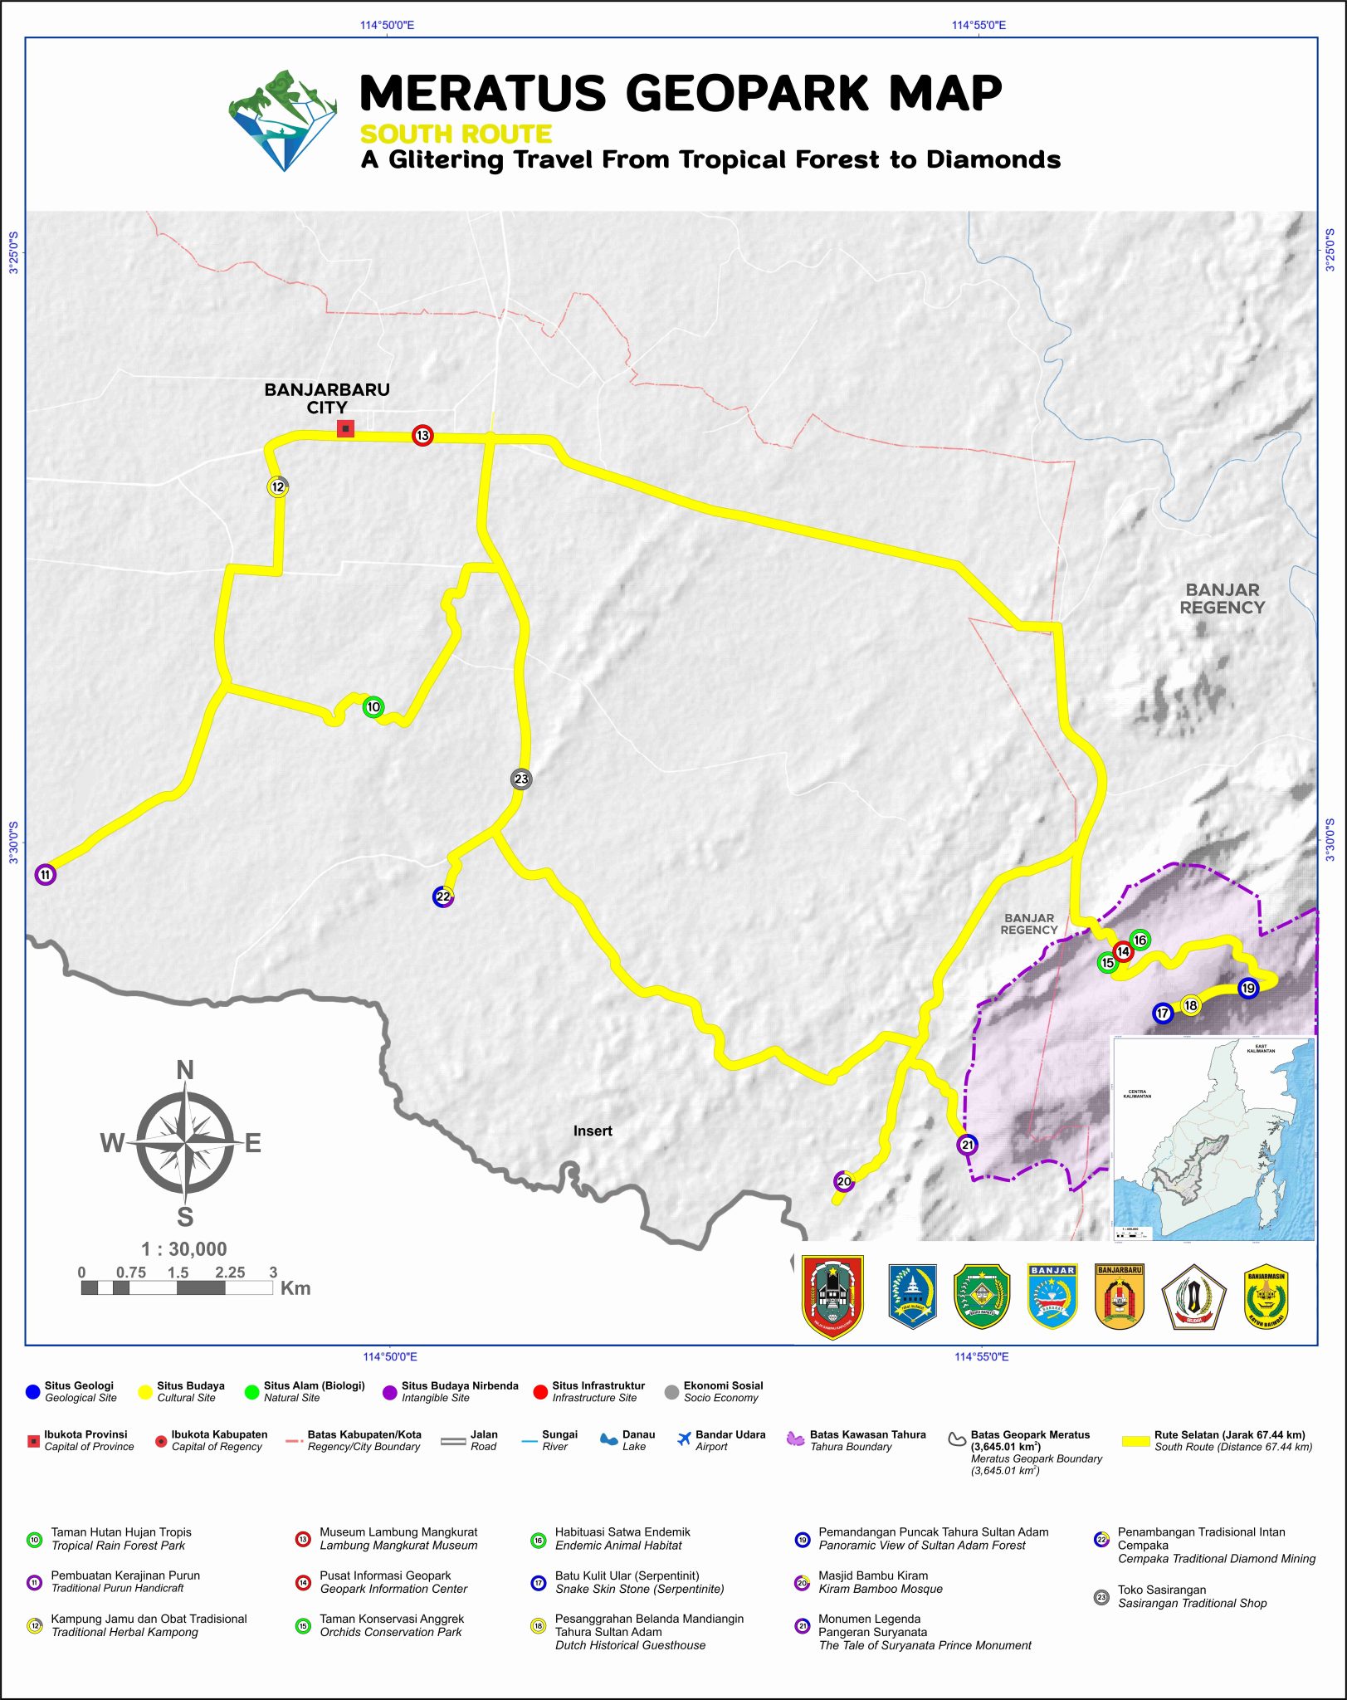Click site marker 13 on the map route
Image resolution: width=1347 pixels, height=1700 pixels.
pos(422,435)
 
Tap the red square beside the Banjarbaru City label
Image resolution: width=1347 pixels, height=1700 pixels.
pos(345,428)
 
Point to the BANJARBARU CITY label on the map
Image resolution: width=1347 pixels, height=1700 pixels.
pos(327,398)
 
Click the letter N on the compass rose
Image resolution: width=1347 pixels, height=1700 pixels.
pos(185,1071)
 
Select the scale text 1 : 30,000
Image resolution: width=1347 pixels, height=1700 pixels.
pos(183,1249)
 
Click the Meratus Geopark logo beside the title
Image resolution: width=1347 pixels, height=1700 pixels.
pos(283,121)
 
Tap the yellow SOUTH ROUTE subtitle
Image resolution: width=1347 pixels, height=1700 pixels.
pos(456,134)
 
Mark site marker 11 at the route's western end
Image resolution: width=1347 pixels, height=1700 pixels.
pos(46,874)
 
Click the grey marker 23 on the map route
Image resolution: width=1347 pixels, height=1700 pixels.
pos(521,779)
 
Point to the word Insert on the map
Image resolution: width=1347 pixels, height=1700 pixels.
pos(593,1131)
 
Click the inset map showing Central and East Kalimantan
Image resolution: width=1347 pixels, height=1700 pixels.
pos(1213,1138)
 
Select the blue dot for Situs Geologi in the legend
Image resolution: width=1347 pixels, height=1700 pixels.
pos(32,1391)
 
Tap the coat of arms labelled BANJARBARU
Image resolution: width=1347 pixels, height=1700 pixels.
pos(1120,1297)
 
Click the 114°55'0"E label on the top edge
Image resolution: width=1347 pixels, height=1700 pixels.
pos(979,25)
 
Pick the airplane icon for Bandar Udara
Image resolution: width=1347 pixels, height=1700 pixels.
pos(684,1439)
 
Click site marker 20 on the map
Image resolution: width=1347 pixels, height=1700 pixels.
pos(843,1181)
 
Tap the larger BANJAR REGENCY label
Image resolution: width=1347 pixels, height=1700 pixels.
pos(1223,598)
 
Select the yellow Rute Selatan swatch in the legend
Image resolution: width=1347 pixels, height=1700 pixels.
pos(1135,1440)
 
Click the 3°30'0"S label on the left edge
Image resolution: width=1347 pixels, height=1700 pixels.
pos(13,843)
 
